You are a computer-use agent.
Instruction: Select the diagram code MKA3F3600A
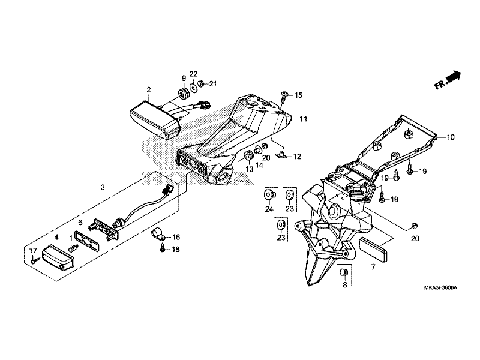pyautogui.click(x=440, y=287)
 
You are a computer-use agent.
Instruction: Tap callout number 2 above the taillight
pyautogui.click(x=148, y=89)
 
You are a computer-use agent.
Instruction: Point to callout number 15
pyautogui.click(x=298, y=95)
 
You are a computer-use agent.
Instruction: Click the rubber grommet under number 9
pyautogui.click(x=184, y=94)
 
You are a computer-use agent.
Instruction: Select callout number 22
pyautogui.click(x=193, y=74)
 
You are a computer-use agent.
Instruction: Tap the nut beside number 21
pyautogui.click(x=201, y=83)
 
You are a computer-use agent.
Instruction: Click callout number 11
pyautogui.click(x=303, y=119)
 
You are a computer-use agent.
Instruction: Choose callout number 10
pyautogui.click(x=451, y=137)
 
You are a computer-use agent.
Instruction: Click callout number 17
pyautogui.click(x=33, y=251)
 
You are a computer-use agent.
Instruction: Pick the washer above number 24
pyautogui.click(x=269, y=194)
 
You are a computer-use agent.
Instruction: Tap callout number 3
pyautogui.click(x=103, y=187)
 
